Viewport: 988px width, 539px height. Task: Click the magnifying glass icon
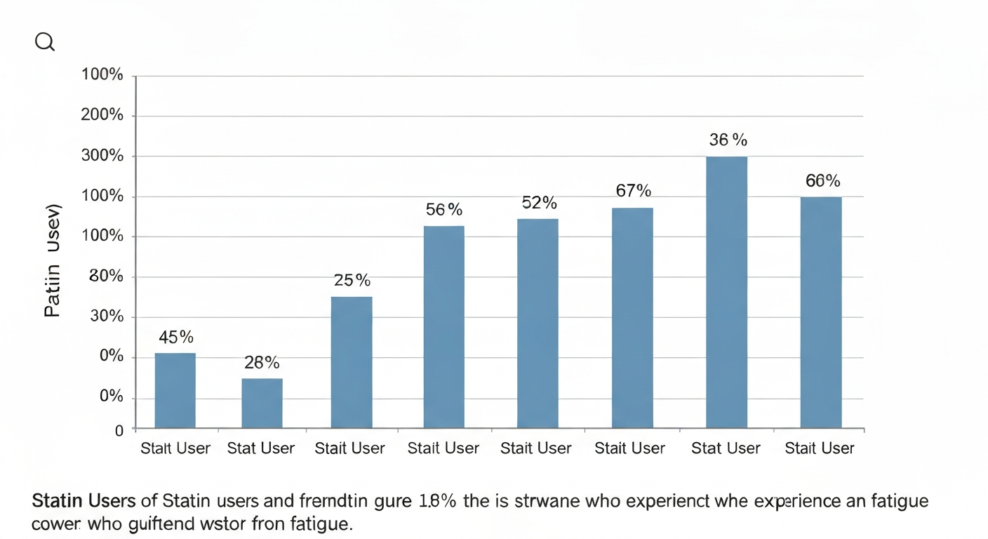pos(44,42)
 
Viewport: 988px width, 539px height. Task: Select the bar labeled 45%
pos(175,390)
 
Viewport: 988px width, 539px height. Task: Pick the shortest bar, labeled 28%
pos(262,403)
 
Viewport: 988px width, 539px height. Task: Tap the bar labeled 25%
pos(352,362)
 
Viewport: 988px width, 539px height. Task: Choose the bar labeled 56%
pos(443,326)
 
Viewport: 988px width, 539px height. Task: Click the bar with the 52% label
pos(538,323)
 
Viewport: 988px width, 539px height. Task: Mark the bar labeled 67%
pos(632,317)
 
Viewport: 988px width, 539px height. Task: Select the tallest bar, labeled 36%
pos(726,292)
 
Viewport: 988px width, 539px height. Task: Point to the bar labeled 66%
pos(821,312)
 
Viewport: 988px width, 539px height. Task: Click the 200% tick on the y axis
pos(102,115)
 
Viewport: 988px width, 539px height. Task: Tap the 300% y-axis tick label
pos(102,156)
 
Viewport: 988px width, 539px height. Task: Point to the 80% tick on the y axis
pos(107,277)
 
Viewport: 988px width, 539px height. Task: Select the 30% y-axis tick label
pos(107,317)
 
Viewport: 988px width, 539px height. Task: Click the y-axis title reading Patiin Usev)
pos(53,261)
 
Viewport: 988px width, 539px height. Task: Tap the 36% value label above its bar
pos(728,140)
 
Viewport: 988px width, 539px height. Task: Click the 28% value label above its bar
pos(262,363)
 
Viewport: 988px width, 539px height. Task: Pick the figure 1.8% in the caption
pos(439,502)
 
